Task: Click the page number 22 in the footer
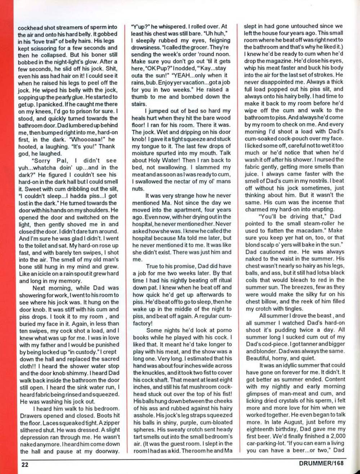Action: pos(24,464)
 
